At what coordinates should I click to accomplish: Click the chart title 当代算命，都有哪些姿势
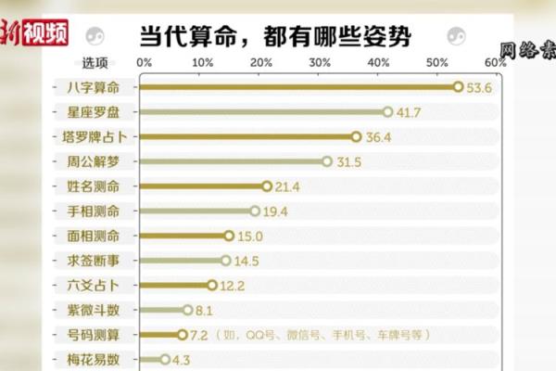[274, 37]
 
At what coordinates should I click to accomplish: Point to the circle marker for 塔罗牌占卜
[356, 136]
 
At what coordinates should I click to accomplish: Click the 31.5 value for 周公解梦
[348, 161]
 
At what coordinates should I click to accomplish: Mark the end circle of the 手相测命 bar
[255, 211]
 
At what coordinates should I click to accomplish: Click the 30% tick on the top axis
[320, 63]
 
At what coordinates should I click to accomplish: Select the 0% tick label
[144, 63]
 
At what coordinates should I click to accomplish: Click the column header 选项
[95, 63]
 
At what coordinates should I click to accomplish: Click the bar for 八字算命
[297, 86]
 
